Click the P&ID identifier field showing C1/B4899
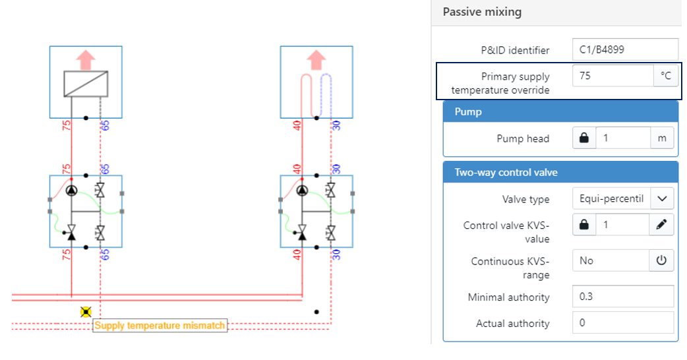click(624, 49)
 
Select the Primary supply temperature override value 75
click(612, 76)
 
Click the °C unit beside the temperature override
click(665, 76)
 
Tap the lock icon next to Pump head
click(583, 138)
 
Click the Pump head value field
click(622, 138)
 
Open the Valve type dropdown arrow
click(662, 198)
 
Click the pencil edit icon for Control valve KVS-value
click(661, 225)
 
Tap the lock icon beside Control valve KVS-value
click(583, 225)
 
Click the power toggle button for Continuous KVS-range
click(661, 260)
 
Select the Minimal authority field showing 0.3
click(623, 297)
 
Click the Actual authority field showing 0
click(623, 323)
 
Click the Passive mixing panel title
click(482, 12)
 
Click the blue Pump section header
click(468, 112)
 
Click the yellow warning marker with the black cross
click(86, 312)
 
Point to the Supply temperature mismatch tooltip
click(160, 325)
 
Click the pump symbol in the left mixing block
click(71, 191)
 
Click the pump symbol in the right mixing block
click(302, 191)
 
